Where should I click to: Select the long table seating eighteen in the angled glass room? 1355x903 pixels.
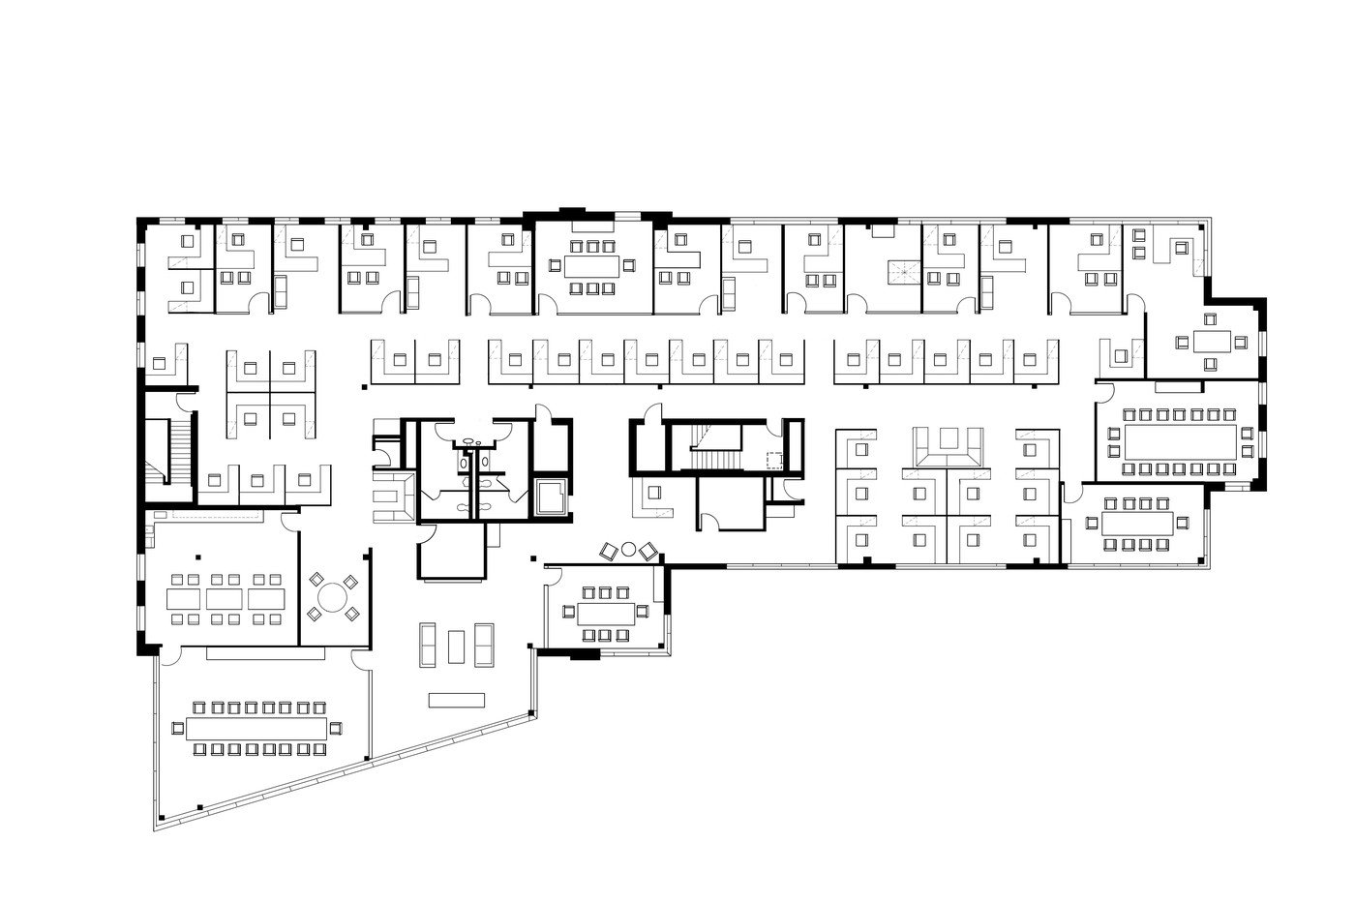tap(257, 728)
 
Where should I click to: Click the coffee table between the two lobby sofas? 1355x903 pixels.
tap(456, 644)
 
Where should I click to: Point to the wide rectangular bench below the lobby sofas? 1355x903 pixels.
tap(456, 699)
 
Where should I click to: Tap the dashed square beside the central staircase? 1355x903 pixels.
tap(774, 461)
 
